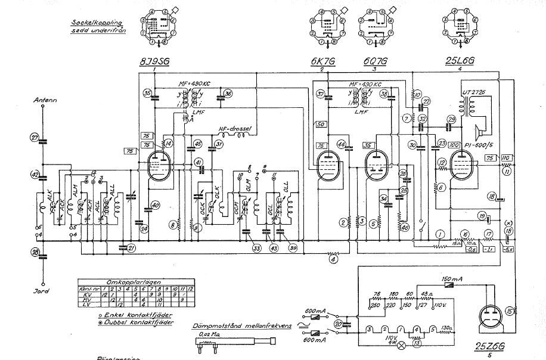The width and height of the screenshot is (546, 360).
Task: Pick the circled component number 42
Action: tap(35, 175)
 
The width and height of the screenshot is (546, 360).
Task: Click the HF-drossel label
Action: tap(234, 130)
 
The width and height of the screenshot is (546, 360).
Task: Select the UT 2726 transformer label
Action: tap(473, 93)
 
